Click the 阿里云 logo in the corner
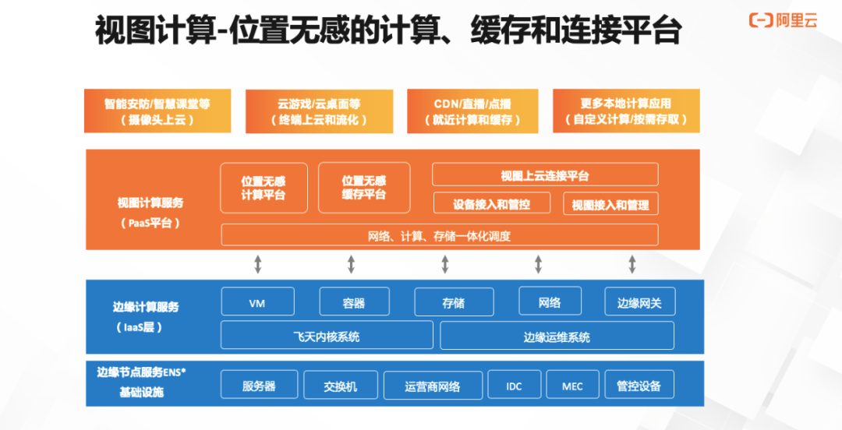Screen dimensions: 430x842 [783, 21]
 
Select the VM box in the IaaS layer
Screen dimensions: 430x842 [257, 302]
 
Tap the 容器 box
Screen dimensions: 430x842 [353, 302]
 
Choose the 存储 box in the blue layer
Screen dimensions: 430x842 [454, 302]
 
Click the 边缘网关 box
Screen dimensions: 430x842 [639, 302]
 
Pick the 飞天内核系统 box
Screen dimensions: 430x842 [327, 336]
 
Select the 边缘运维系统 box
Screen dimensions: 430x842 [557, 336]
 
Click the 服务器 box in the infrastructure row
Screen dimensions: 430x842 [259, 386]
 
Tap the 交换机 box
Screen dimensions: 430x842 [340, 386]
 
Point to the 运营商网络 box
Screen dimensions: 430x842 [433, 386]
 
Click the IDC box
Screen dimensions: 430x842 [514, 386]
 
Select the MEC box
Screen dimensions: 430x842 [571, 386]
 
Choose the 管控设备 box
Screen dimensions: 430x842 [639, 386]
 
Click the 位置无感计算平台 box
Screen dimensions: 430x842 [264, 188]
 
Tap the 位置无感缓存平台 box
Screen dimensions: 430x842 [363, 188]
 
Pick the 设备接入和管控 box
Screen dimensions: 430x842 [491, 204]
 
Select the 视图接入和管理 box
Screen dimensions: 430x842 [610, 204]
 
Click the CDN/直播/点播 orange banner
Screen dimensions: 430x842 [472, 111]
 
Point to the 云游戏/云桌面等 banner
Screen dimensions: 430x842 [319, 111]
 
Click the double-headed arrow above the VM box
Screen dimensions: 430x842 [258, 264]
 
